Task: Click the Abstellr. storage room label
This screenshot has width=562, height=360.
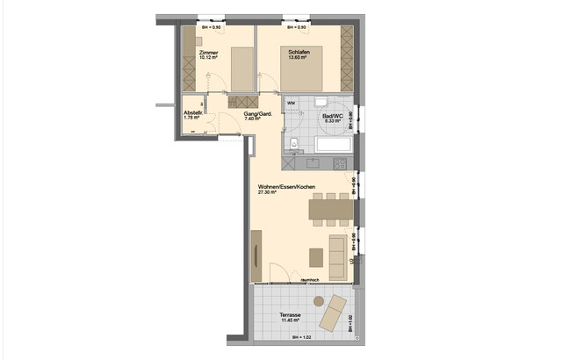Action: [194, 113]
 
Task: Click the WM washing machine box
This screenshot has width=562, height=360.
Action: [292, 104]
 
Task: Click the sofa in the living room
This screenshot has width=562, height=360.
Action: [336, 253]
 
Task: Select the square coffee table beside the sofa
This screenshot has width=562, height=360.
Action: [315, 254]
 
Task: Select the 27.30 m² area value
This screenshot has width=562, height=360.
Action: [267, 193]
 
